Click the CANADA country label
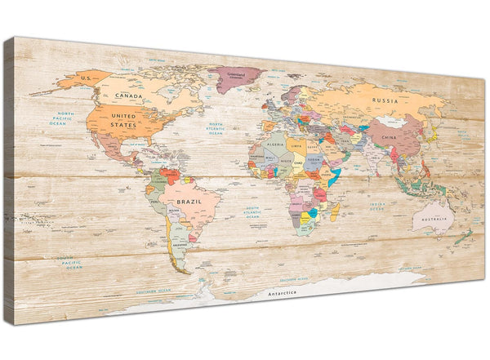coord(128,96)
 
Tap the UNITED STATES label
coord(124,120)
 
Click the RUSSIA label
coord(385,101)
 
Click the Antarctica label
coord(281,291)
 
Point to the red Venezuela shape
coord(171,175)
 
